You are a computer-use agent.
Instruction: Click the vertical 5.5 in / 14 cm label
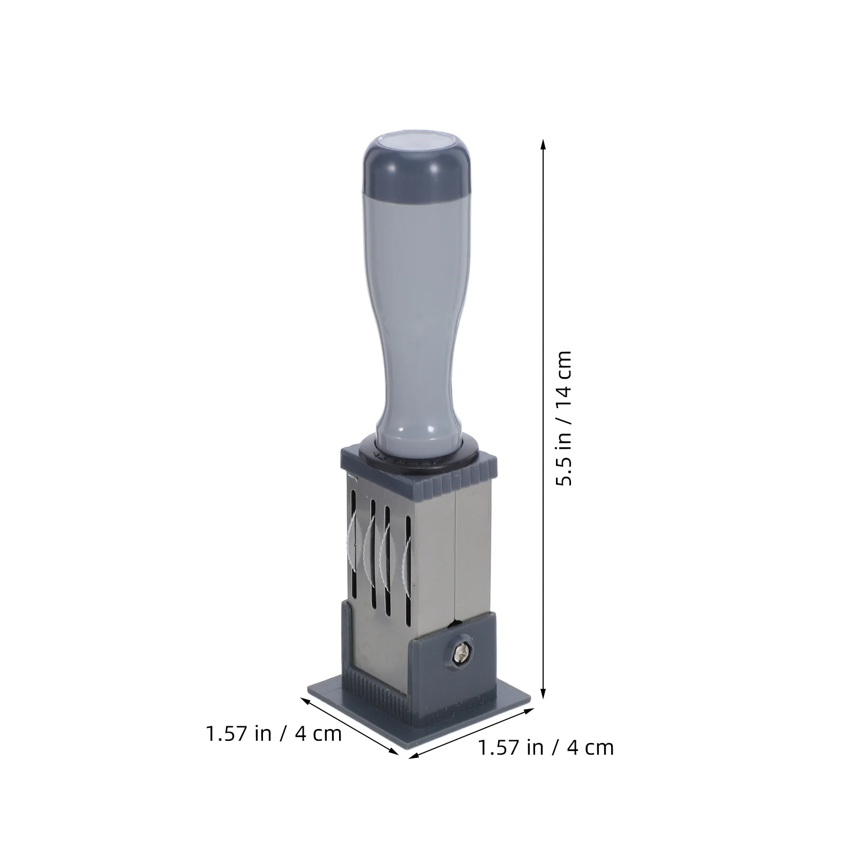[x=564, y=418]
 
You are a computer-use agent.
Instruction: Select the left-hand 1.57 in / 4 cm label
[x=274, y=733]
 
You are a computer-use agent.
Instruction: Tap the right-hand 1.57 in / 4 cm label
[x=545, y=747]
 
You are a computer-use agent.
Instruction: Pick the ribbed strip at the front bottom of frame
[x=375, y=691]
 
